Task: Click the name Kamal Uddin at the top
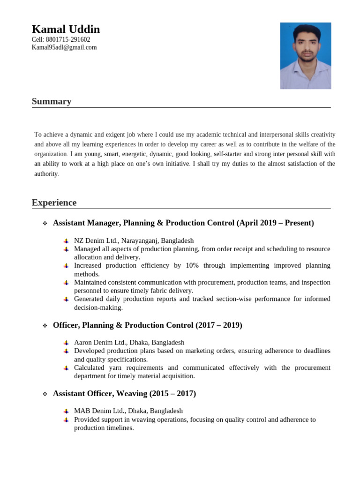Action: click(66, 29)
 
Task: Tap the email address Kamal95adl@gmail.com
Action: click(64, 47)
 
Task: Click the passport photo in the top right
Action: click(306, 56)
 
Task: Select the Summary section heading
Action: click(52, 101)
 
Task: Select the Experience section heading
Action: click(54, 202)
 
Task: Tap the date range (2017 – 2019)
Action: click(219, 325)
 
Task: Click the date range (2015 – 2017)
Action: click(172, 394)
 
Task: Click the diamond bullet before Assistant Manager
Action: click(45, 224)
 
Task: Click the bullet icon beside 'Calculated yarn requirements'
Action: click(67, 368)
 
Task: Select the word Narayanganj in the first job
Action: click(139, 240)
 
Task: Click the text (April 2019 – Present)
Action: click(275, 223)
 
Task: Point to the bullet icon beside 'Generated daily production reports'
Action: click(67, 299)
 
